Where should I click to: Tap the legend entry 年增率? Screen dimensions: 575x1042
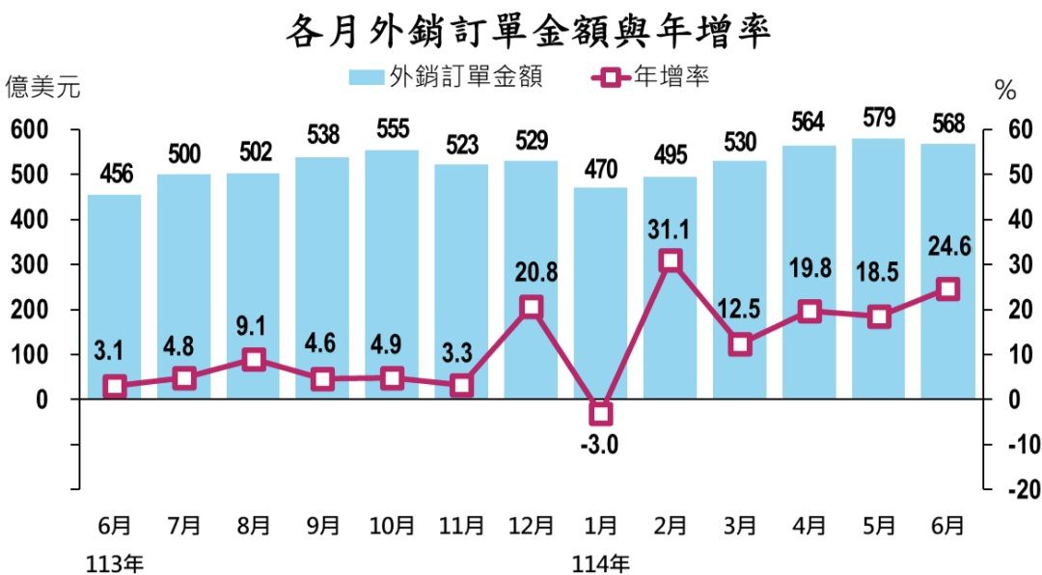651,76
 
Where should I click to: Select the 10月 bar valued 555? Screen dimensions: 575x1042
392,274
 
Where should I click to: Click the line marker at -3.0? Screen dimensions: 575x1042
601,414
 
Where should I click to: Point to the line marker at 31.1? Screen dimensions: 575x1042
671,260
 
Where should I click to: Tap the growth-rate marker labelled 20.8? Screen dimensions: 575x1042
532,307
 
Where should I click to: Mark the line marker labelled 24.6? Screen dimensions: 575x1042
948,289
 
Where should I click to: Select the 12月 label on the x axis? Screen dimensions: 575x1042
531,527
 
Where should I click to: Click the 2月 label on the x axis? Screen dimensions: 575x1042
671,527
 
